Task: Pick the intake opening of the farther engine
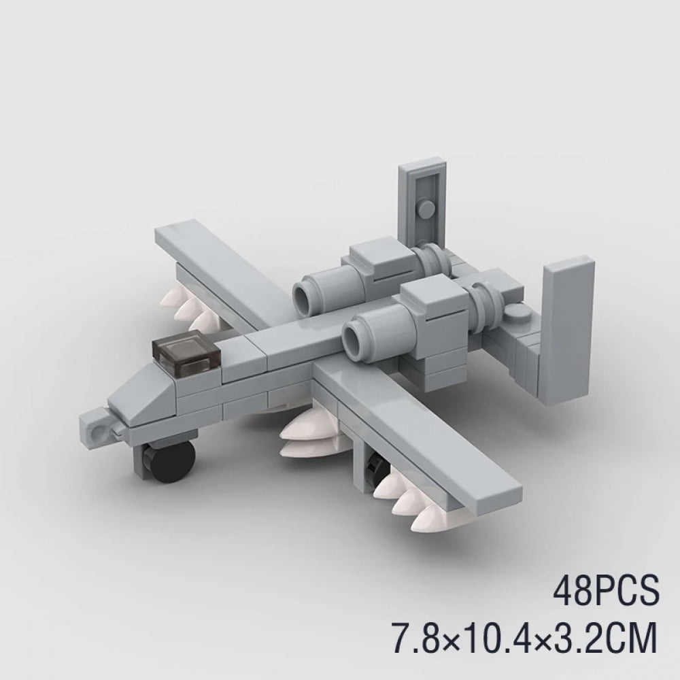tap(303, 294)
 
